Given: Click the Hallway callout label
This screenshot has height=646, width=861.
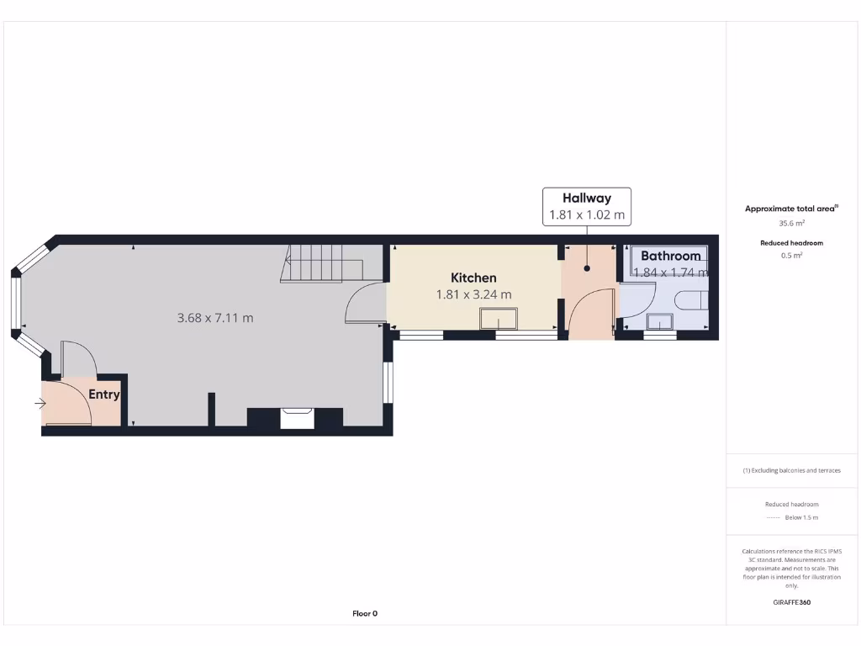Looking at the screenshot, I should [587, 199].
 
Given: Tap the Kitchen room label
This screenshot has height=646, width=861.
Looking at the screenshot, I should [473, 278].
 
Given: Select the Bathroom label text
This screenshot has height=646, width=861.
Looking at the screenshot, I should [670, 256].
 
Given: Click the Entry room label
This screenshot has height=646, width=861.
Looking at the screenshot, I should [104, 394].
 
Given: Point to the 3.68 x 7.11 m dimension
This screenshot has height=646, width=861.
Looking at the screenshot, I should [215, 318].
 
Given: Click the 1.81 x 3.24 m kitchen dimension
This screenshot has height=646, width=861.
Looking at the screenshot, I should [473, 294].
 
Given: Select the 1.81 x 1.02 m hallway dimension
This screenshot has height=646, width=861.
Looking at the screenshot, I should [587, 215].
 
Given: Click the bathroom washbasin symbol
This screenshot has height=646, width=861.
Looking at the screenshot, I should [659, 322].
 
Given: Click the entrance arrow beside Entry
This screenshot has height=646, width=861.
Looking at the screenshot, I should [40, 404].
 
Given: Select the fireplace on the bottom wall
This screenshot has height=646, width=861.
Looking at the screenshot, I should [296, 417].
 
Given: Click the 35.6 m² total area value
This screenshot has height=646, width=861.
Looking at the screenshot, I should [792, 224].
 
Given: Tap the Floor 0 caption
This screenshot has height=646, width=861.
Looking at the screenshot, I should [365, 613].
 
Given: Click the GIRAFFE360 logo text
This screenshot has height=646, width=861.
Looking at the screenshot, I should [791, 602].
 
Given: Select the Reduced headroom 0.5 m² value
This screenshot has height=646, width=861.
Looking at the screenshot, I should [792, 255].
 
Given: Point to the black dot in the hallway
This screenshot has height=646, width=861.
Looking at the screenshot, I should [587, 268].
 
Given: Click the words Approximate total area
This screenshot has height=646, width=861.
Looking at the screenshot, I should [790, 209].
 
